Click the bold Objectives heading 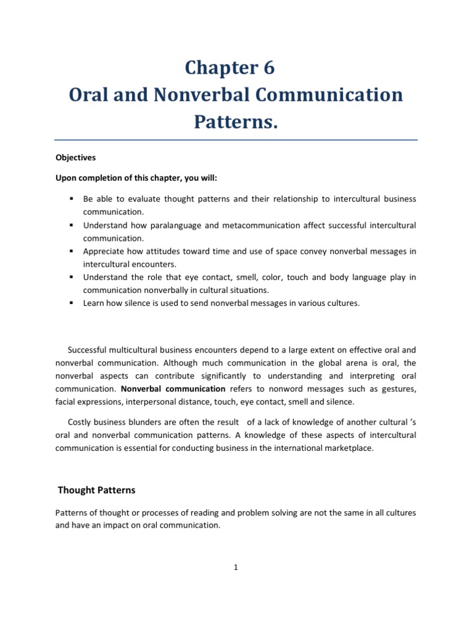pos(76,157)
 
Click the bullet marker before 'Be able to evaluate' pos(71,199)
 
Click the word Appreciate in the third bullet pos(105,251)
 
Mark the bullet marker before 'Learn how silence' pos(71,303)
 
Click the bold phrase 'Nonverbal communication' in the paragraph pos(173,389)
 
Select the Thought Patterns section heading pos(96,490)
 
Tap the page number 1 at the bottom pos(235,568)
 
